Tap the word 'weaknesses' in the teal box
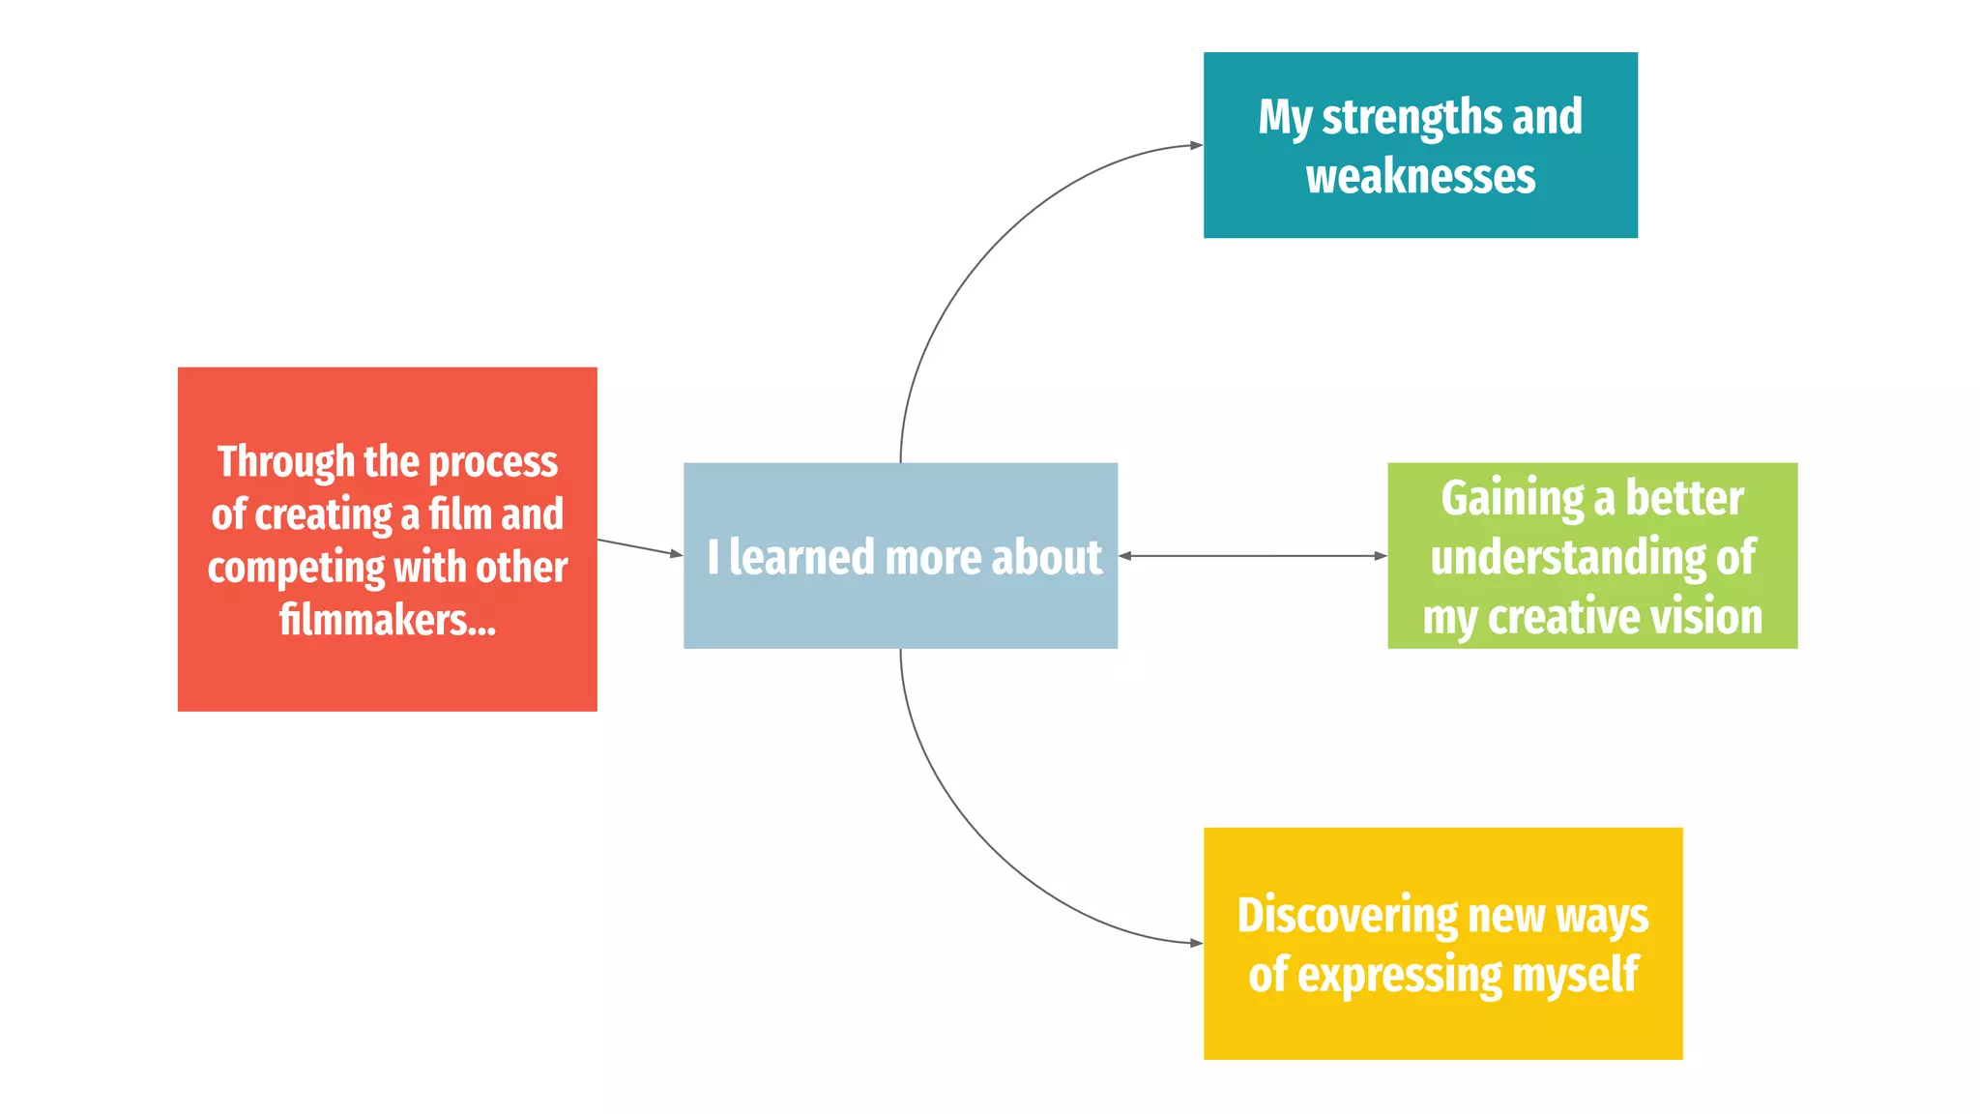click(x=1420, y=178)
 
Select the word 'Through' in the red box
click(x=286, y=462)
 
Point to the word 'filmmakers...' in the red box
click(x=388, y=620)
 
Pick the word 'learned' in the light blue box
click(x=801, y=558)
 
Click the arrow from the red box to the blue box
click(x=638, y=547)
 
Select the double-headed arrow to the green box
click(x=1252, y=556)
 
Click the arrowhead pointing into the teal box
click(x=1196, y=145)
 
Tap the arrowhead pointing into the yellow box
click(x=1196, y=943)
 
